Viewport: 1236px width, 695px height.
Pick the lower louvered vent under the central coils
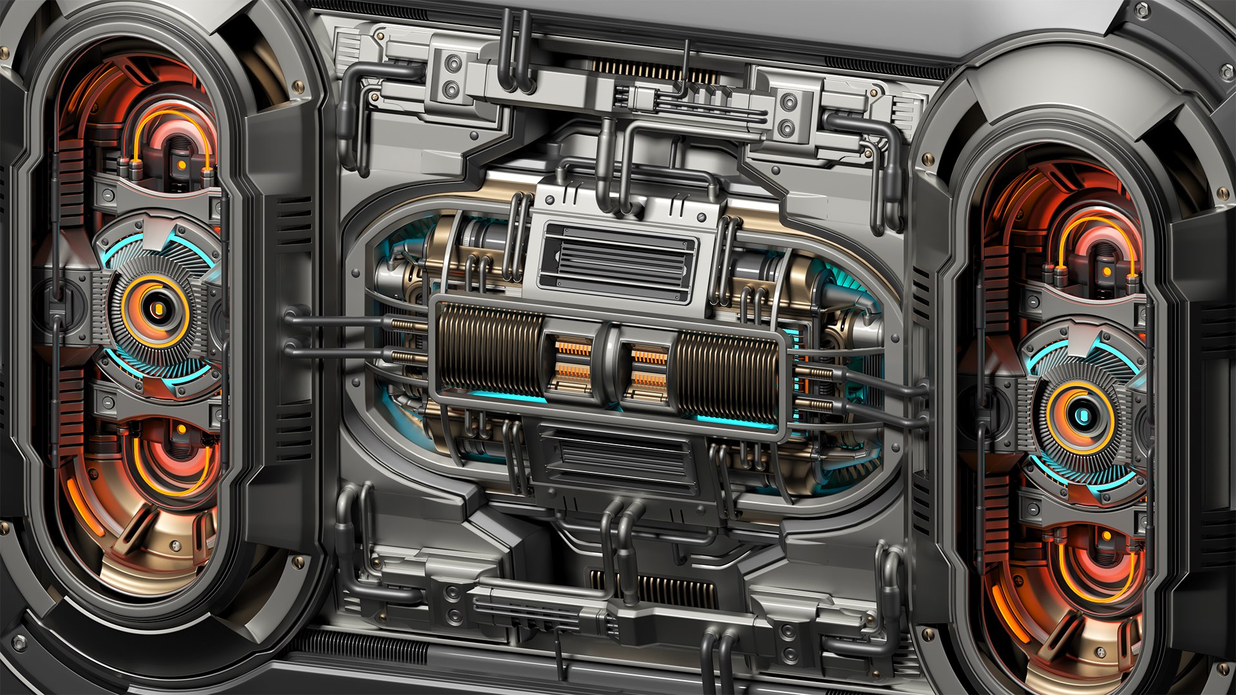(x=616, y=458)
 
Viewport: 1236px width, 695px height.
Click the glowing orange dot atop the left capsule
(x=182, y=165)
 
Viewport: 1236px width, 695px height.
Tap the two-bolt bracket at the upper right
(x=787, y=114)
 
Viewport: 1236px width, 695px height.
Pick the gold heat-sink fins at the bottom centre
(x=669, y=589)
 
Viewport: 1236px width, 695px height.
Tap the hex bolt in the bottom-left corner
(x=19, y=642)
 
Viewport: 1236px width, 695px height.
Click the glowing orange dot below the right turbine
(x=1107, y=535)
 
